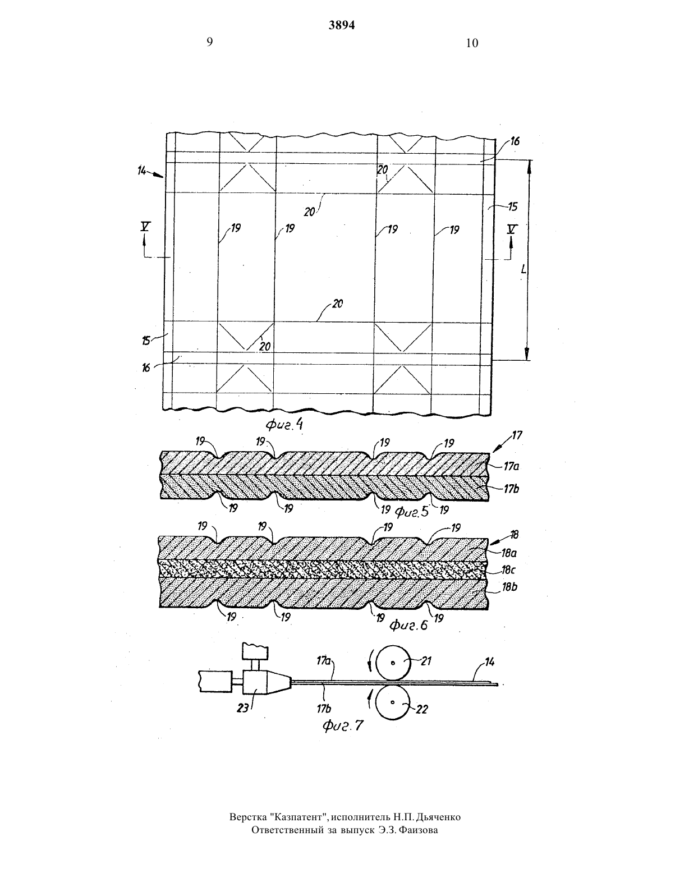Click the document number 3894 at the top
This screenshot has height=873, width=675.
pyautogui.click(x=342, y=25)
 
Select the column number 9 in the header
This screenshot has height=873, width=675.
pyautogui.click(x=209, y=42)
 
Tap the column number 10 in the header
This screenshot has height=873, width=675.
pyautogui.click(x=472, y=43)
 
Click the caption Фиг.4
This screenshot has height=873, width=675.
pyautogui.click(x=284, y=425)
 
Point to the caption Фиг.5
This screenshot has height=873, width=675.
pyautogui.click(x=412, y=511)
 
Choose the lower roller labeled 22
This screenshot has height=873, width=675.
pyautogui.click(x=393, y=702)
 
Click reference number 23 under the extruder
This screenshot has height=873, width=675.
pyautogui.click(x=243, y=707)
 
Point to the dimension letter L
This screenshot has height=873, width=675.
pyautogui.click(x=523, y=269)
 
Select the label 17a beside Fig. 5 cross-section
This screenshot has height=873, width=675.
pyautogui.click(x=511, y=466)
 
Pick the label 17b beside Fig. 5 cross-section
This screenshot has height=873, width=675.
pyautogui.click(x=512, y=489)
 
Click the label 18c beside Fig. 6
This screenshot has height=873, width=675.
pyautogui.click(x=509, y=569)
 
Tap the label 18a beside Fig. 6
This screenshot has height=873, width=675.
pyautogui.click(x=509, y=553)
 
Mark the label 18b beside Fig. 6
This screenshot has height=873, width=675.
pyautogui.click(x=509, y=587)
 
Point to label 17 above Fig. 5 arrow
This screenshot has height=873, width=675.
pyautogui.click(x=517, y=435)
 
